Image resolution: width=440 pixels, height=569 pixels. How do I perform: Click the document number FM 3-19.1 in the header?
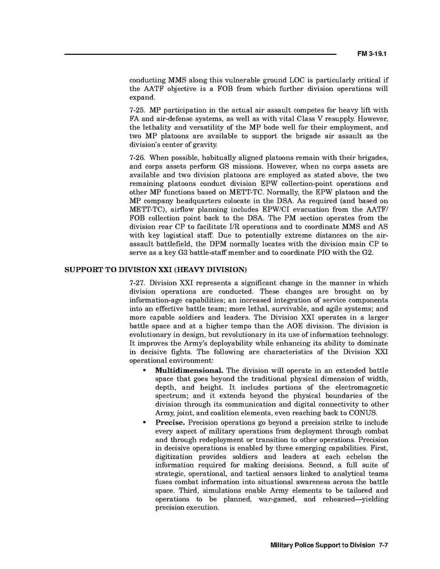coord(371,54)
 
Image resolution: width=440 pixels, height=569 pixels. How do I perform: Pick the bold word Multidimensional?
coord(189,370)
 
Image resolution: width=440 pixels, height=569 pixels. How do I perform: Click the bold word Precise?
coord(170,423)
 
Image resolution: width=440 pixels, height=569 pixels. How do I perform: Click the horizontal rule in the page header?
coord(201,54)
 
